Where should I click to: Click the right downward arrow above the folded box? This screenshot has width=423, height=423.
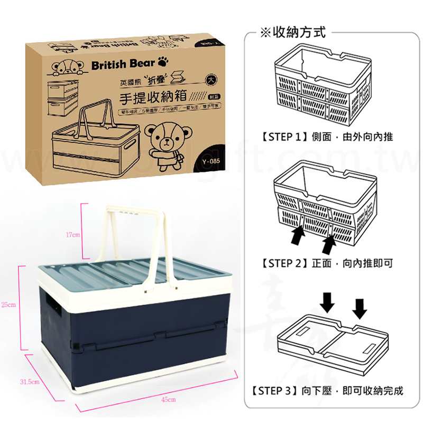(x=360, y=307)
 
